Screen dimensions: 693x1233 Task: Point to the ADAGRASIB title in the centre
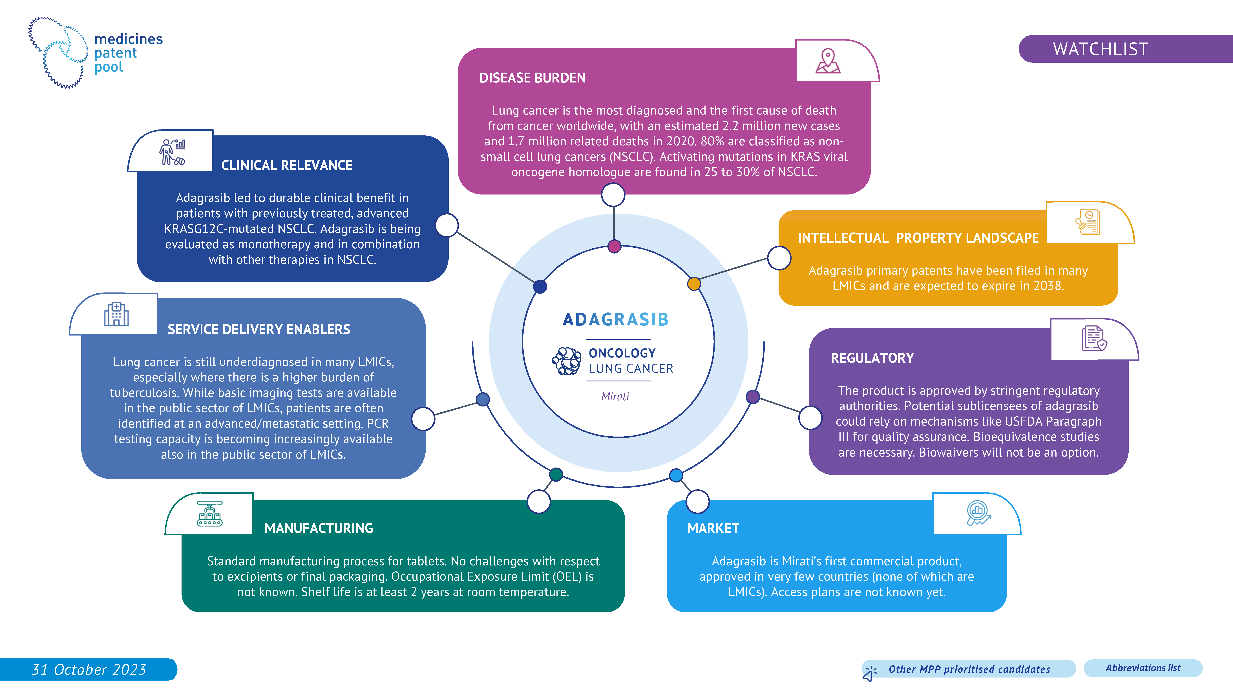click(x=616, y=319)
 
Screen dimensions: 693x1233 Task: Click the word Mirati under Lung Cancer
click(x=615, y=397)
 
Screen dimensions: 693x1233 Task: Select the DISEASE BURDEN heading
click(x=532, y=78)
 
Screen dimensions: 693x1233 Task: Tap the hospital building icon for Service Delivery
click(x=116, y=314)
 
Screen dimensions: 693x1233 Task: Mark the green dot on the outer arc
click(x=556, y=474)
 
